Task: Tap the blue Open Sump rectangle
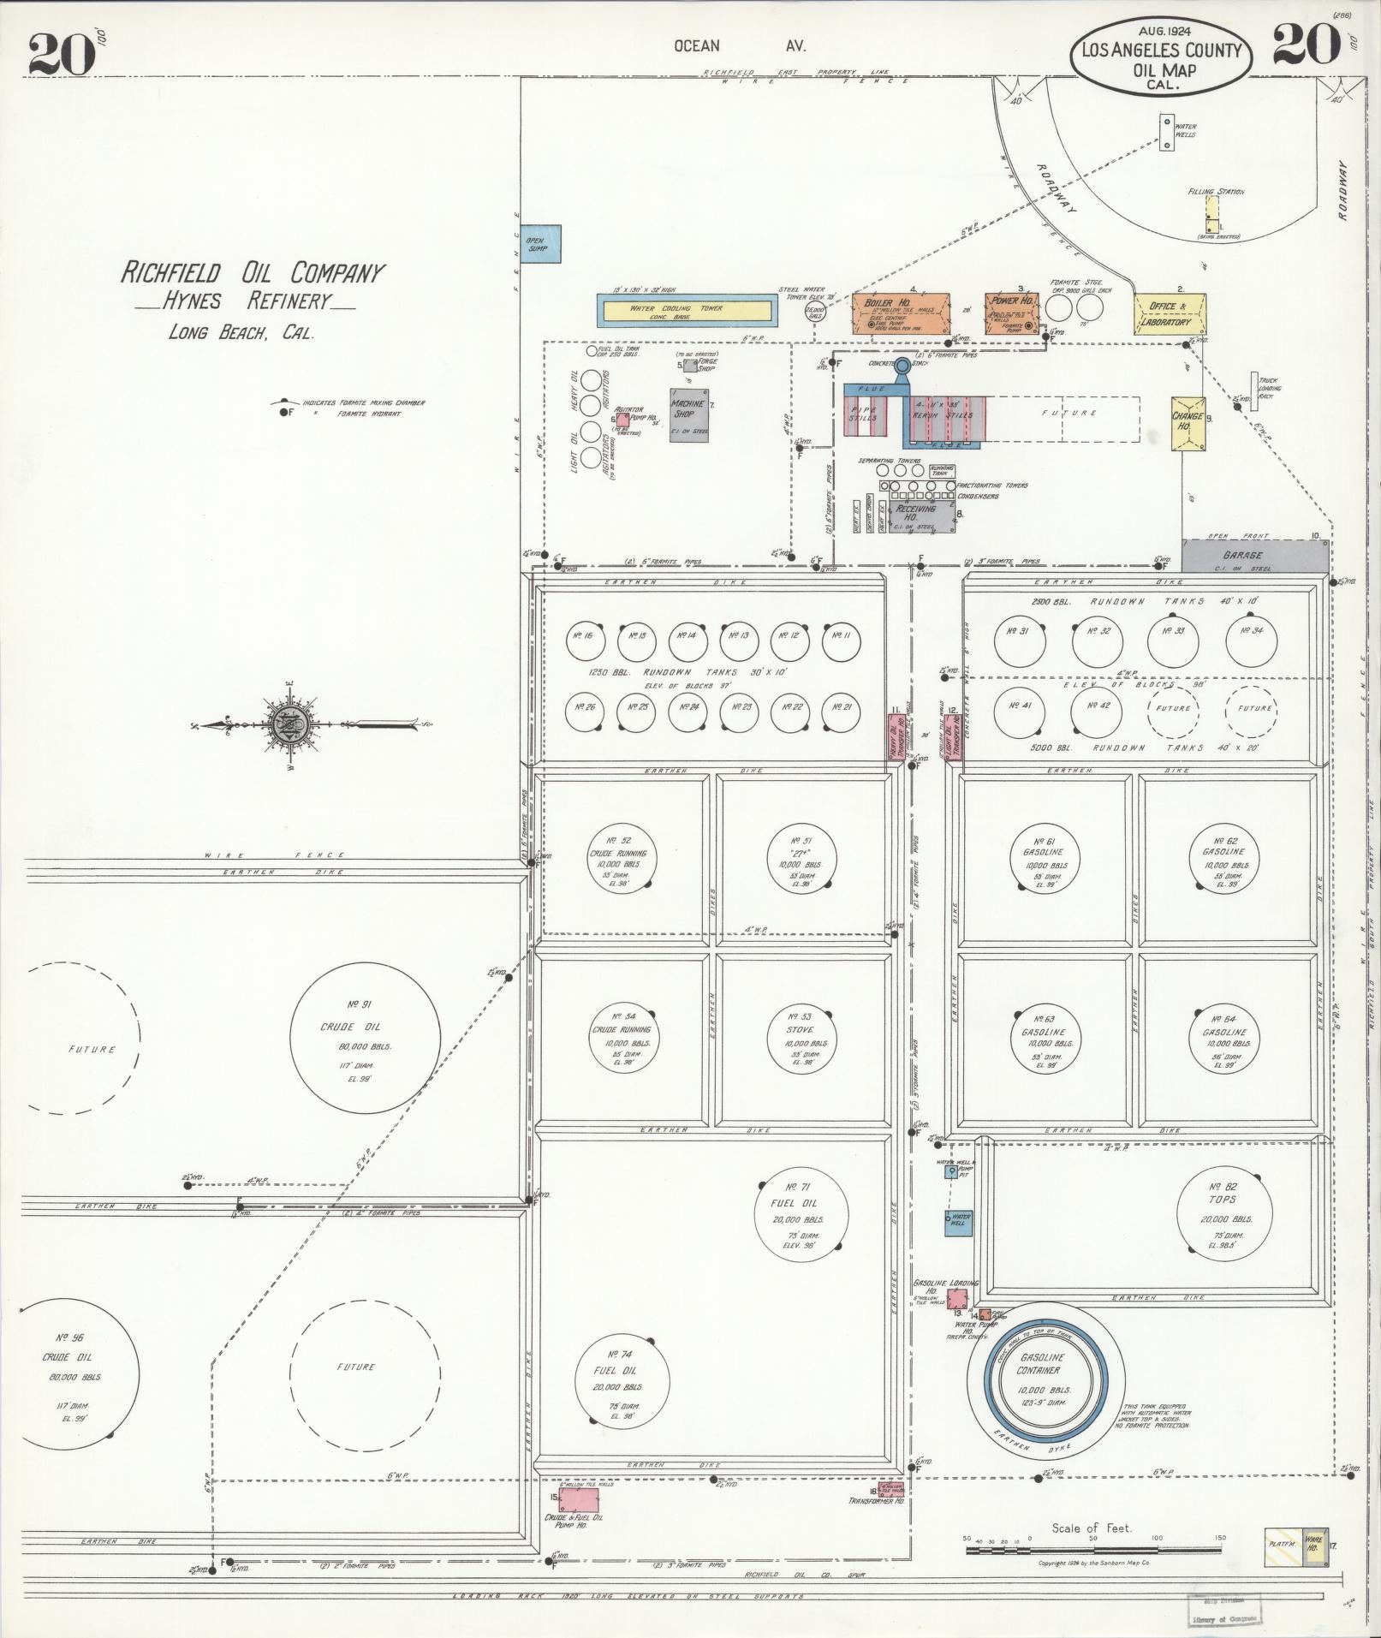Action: tap(542, 243)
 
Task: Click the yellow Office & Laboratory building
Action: tap(1170, 313)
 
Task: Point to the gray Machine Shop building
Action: tap(689, 414)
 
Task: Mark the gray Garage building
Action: tap(1254, 556)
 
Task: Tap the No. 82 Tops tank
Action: tap(1223, 1208)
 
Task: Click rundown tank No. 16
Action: tap(586, 637)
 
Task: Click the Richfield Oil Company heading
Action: tap(253, 273)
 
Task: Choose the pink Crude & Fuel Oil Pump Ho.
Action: tap(579, 1499)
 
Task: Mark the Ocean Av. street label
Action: tap(739, 46)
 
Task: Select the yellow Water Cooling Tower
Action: tap(688, 310)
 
